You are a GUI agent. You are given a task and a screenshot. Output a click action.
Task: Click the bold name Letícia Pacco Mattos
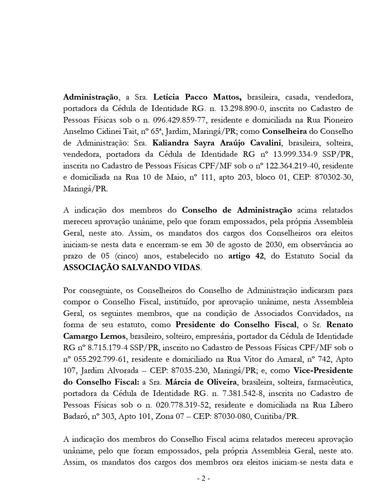coord(197,97)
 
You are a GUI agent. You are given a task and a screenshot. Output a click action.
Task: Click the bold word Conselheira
coord(284,132)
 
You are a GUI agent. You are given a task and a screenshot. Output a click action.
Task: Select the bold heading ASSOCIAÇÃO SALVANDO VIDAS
coord(132,268)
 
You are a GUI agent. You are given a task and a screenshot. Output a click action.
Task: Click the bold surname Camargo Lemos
coord(94,336)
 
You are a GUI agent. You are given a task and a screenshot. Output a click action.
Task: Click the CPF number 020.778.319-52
coord(182,405)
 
